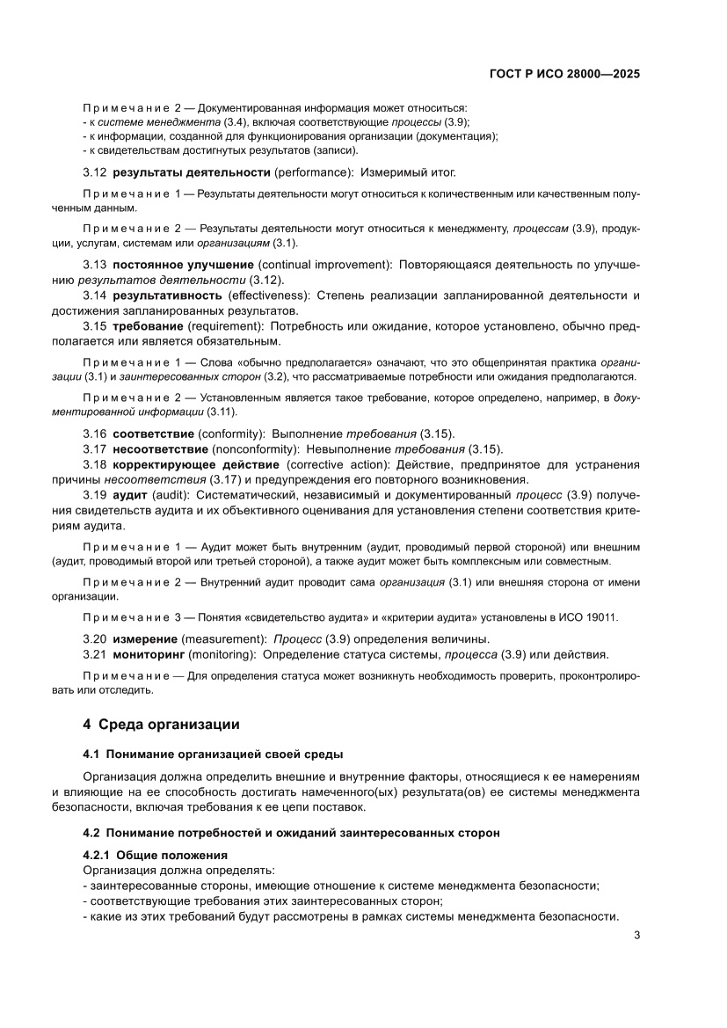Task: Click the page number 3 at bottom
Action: (x=636, y=935)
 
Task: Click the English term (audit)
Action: (x=171, y=495)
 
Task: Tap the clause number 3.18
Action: (x=95, y=464)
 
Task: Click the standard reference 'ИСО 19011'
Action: (x=590, y=616)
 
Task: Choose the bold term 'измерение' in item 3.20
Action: (x=145, y=638)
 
